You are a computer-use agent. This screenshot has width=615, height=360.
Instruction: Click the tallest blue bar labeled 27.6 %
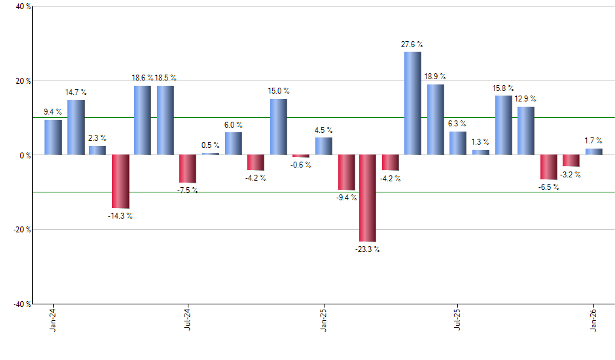coord(412,103)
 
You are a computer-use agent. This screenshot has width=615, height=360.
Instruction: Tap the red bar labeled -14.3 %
coord(120,181)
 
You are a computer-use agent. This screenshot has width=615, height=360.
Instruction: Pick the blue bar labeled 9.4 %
coord(53,137)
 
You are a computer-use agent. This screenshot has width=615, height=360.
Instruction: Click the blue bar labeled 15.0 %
coord(279,127)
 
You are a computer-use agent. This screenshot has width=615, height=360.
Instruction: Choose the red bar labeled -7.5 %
coord(188,168)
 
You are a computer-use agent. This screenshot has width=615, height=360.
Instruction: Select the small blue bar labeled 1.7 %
coord(593,152)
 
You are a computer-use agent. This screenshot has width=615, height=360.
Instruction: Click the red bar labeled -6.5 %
coord(548,167)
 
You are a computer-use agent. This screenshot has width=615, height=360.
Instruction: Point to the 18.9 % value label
coord(435,76)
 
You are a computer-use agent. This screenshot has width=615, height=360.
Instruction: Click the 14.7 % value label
coord(76,92)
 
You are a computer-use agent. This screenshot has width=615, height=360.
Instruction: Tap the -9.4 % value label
coord(346,198)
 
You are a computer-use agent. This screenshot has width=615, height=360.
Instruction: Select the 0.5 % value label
coord(211,145)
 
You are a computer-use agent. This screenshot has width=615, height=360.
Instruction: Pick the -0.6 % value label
coord(301,165)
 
